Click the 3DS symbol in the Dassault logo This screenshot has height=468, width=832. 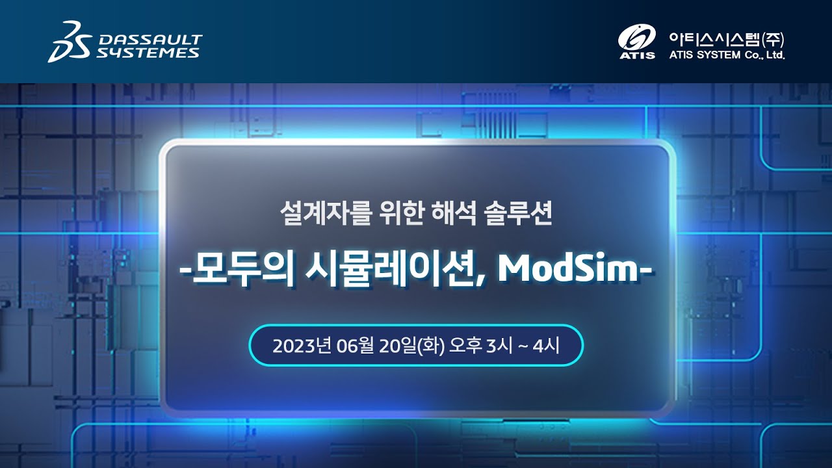(69, 41)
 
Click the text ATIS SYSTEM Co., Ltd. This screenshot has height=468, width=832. (727, 55)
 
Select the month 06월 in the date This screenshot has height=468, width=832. (356, 346)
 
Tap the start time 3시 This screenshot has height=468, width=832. (500, 346)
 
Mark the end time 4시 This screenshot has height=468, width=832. (547, 346)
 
